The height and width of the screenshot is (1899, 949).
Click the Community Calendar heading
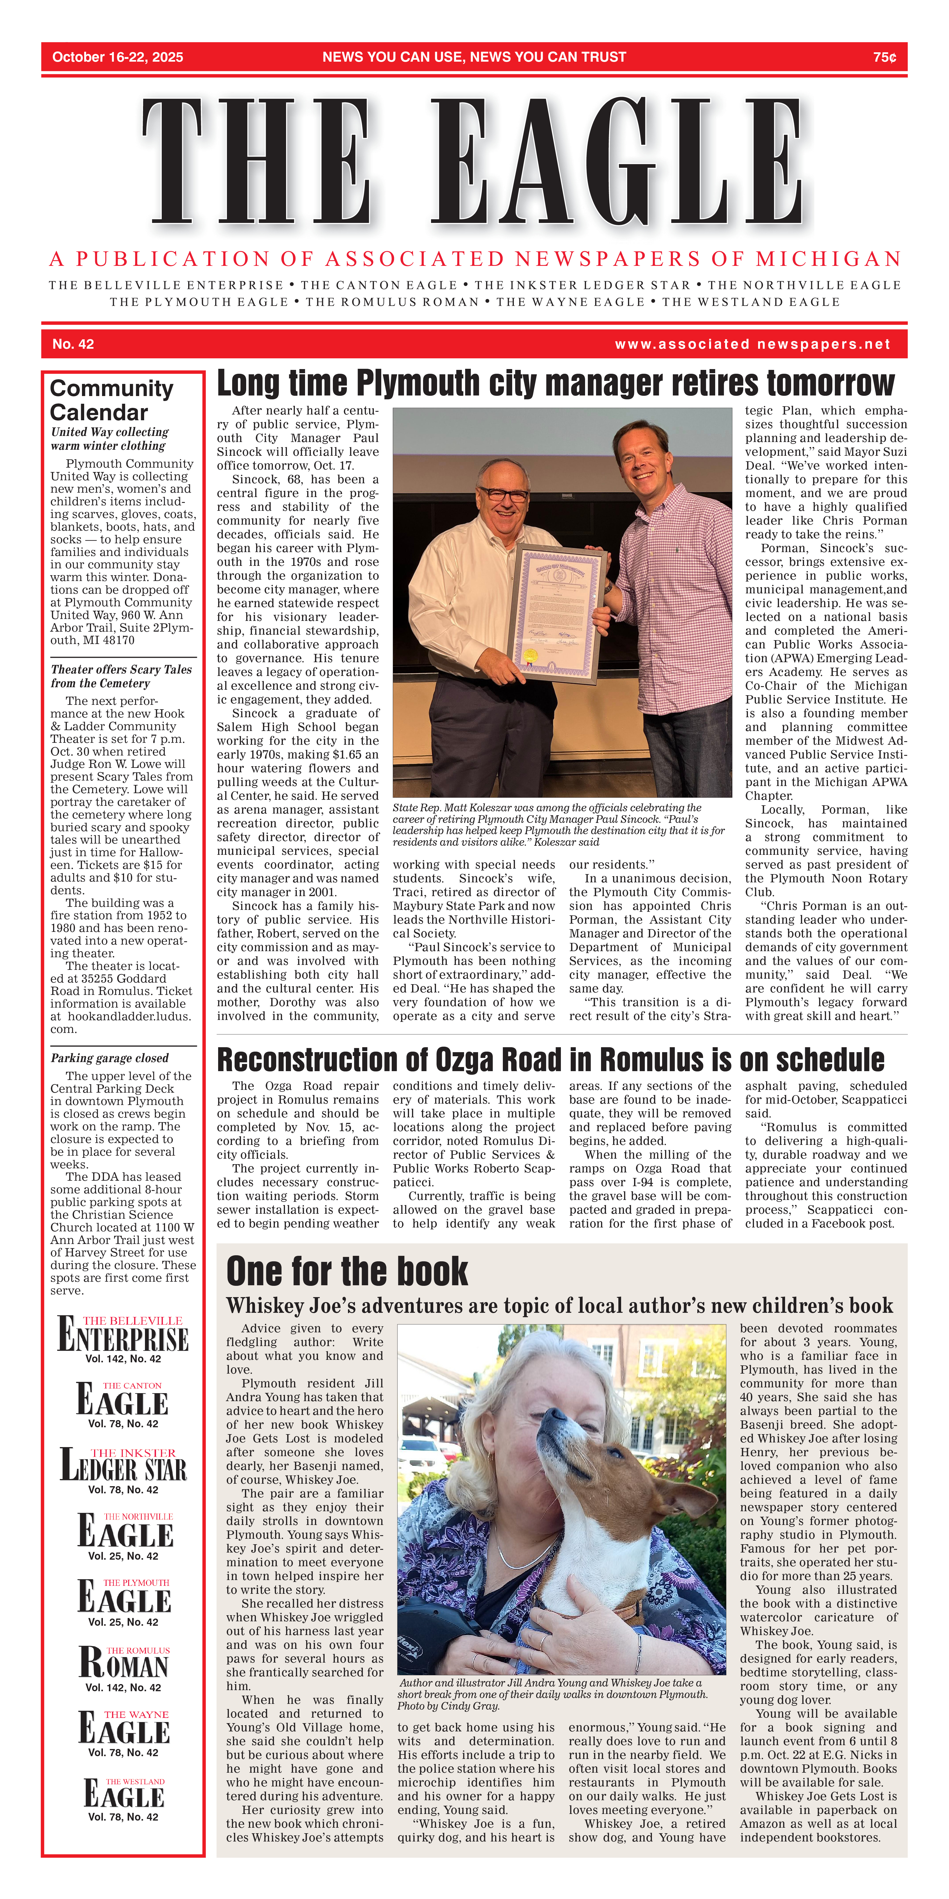pyautogui.click(x=111, y=400)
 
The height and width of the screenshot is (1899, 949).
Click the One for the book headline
pyautogui.click(x=347, y=1271)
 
